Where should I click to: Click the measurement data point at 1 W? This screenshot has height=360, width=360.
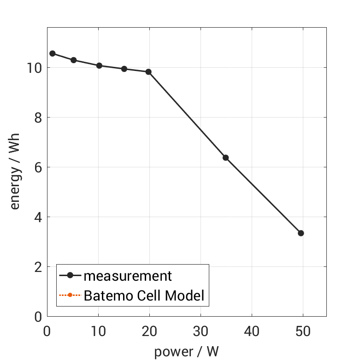coord(53,53)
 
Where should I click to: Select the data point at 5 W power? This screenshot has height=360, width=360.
coord(73,60)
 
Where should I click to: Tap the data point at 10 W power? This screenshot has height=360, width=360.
coord(99,66)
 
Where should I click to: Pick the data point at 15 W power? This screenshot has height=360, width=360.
coord(124,69)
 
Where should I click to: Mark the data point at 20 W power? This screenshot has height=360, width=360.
coord(148,72)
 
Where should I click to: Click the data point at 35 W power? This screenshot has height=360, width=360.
coord(225,158)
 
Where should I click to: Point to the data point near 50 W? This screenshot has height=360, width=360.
coord(301,233)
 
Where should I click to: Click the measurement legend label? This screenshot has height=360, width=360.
coord(128,276)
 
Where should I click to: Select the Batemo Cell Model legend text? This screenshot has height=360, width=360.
coord(144,295)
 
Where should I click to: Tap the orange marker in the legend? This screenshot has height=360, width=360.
coord(70,295)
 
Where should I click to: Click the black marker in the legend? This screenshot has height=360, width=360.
coord(70,276)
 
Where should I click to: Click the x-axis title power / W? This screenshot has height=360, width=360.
coord(186,352)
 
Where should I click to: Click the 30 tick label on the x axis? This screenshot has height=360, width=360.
coord(201,331)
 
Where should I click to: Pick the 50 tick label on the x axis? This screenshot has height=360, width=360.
coord(303,331)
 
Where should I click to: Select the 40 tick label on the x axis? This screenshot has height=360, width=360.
coord(252,331)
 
